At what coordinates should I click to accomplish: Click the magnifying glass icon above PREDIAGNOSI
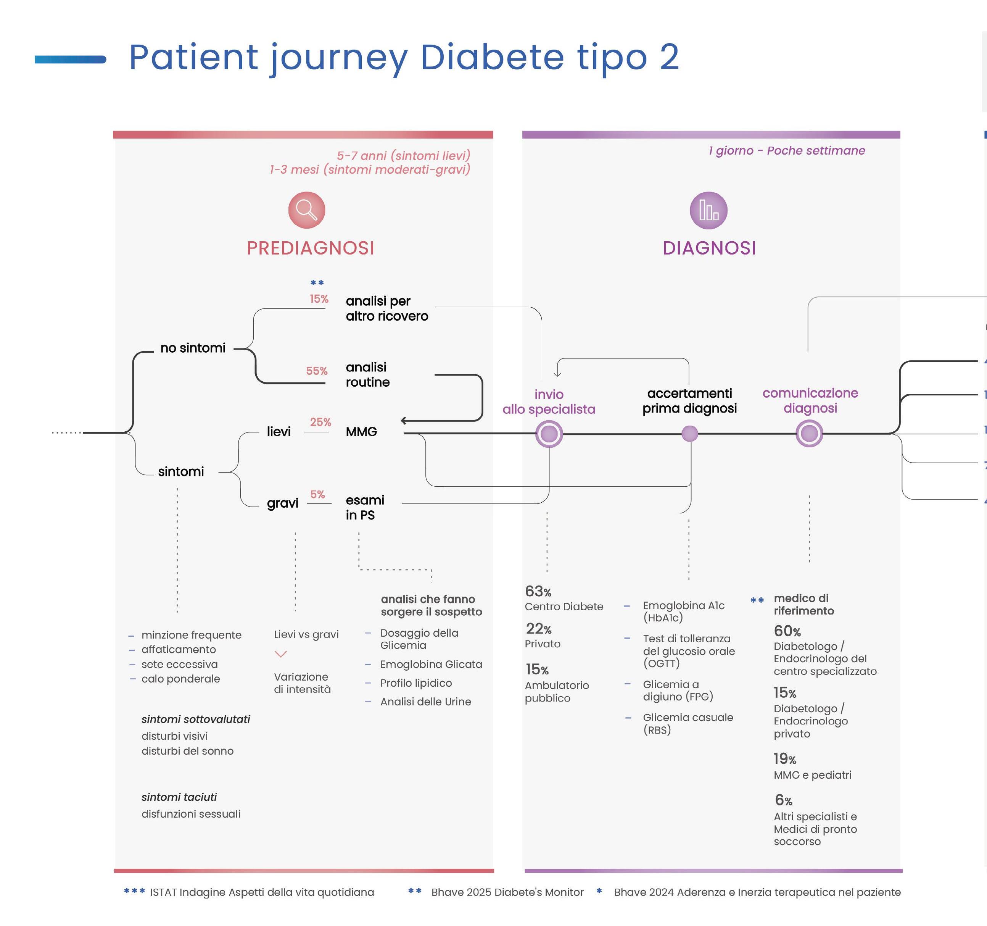[307, 210]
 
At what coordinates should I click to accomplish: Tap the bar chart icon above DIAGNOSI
[708, 210]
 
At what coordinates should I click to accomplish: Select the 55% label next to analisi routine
[317, 371]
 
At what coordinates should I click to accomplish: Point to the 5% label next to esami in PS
[317, 494]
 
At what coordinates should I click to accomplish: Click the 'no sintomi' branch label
[193, 348]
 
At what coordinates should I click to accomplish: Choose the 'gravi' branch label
[282, 503]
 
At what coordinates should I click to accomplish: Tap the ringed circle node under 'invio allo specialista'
[549, 434]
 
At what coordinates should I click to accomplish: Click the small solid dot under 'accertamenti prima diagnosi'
[690, 434]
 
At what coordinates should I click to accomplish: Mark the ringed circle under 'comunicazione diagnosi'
[809, 434]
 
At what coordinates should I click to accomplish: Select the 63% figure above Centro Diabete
[538, 591]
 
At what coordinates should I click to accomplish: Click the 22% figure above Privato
[539, 628]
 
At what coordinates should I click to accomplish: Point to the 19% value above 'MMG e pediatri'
[785, 758]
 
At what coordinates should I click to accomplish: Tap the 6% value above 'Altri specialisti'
[783, 800]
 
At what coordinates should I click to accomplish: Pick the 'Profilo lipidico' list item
[416, 683]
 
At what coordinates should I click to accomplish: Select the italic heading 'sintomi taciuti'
[179, 797]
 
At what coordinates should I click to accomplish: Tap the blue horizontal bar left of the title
[71, 60]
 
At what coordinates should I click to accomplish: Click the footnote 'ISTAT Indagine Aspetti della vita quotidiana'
[262, 892]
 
